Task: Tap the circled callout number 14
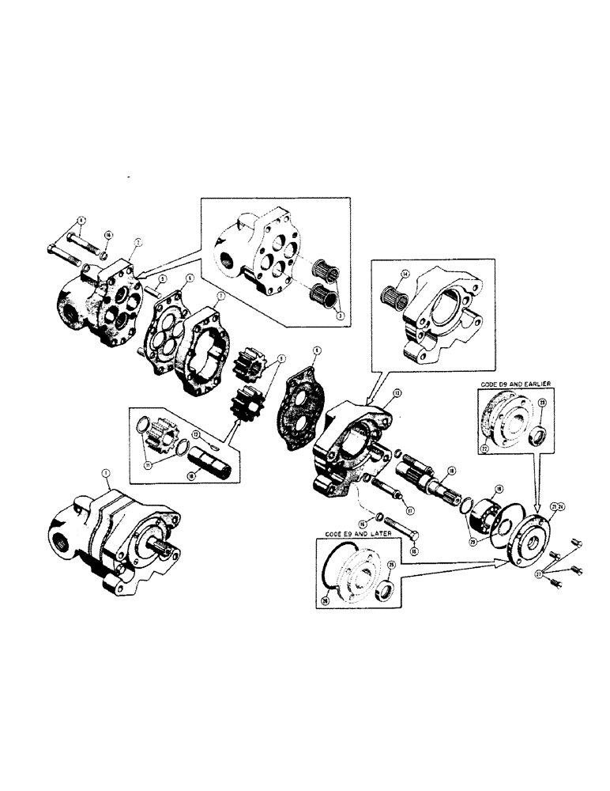[x=405, y=275]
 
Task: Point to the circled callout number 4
[x=81, y=218]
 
